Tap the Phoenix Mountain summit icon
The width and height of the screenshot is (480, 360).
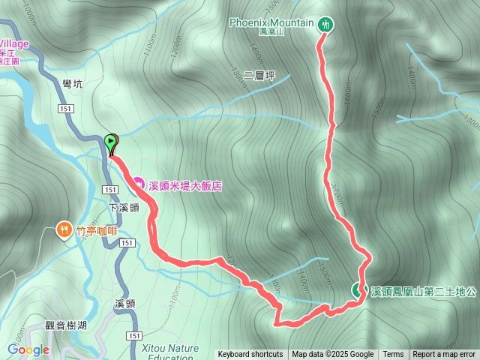[325, 24]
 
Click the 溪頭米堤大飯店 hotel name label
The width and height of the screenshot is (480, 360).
[185, 184]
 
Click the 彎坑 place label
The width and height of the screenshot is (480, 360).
[73, 84]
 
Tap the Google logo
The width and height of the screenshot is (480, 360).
[28, 349]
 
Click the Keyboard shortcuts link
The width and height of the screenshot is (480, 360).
[250, 355]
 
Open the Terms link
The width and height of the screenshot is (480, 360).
[393, 355]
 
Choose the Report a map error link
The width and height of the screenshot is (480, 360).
[444, 355]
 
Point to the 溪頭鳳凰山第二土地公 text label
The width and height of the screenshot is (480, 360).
[424, 291]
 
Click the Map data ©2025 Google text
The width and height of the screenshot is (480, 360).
[332, 355]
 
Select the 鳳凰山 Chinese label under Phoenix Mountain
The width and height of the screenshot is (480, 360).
[274, 32]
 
